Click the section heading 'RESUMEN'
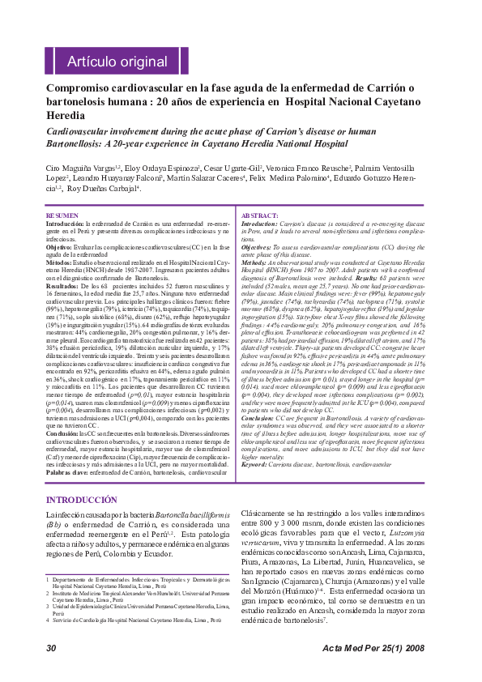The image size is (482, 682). point(62,215)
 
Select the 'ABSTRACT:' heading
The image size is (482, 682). point(261,215)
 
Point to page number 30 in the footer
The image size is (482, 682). point(51,649)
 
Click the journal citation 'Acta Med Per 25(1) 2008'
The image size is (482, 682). point(373,649)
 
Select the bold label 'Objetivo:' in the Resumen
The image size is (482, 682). point(59,245)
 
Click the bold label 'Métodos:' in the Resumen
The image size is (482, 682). point(60,263)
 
